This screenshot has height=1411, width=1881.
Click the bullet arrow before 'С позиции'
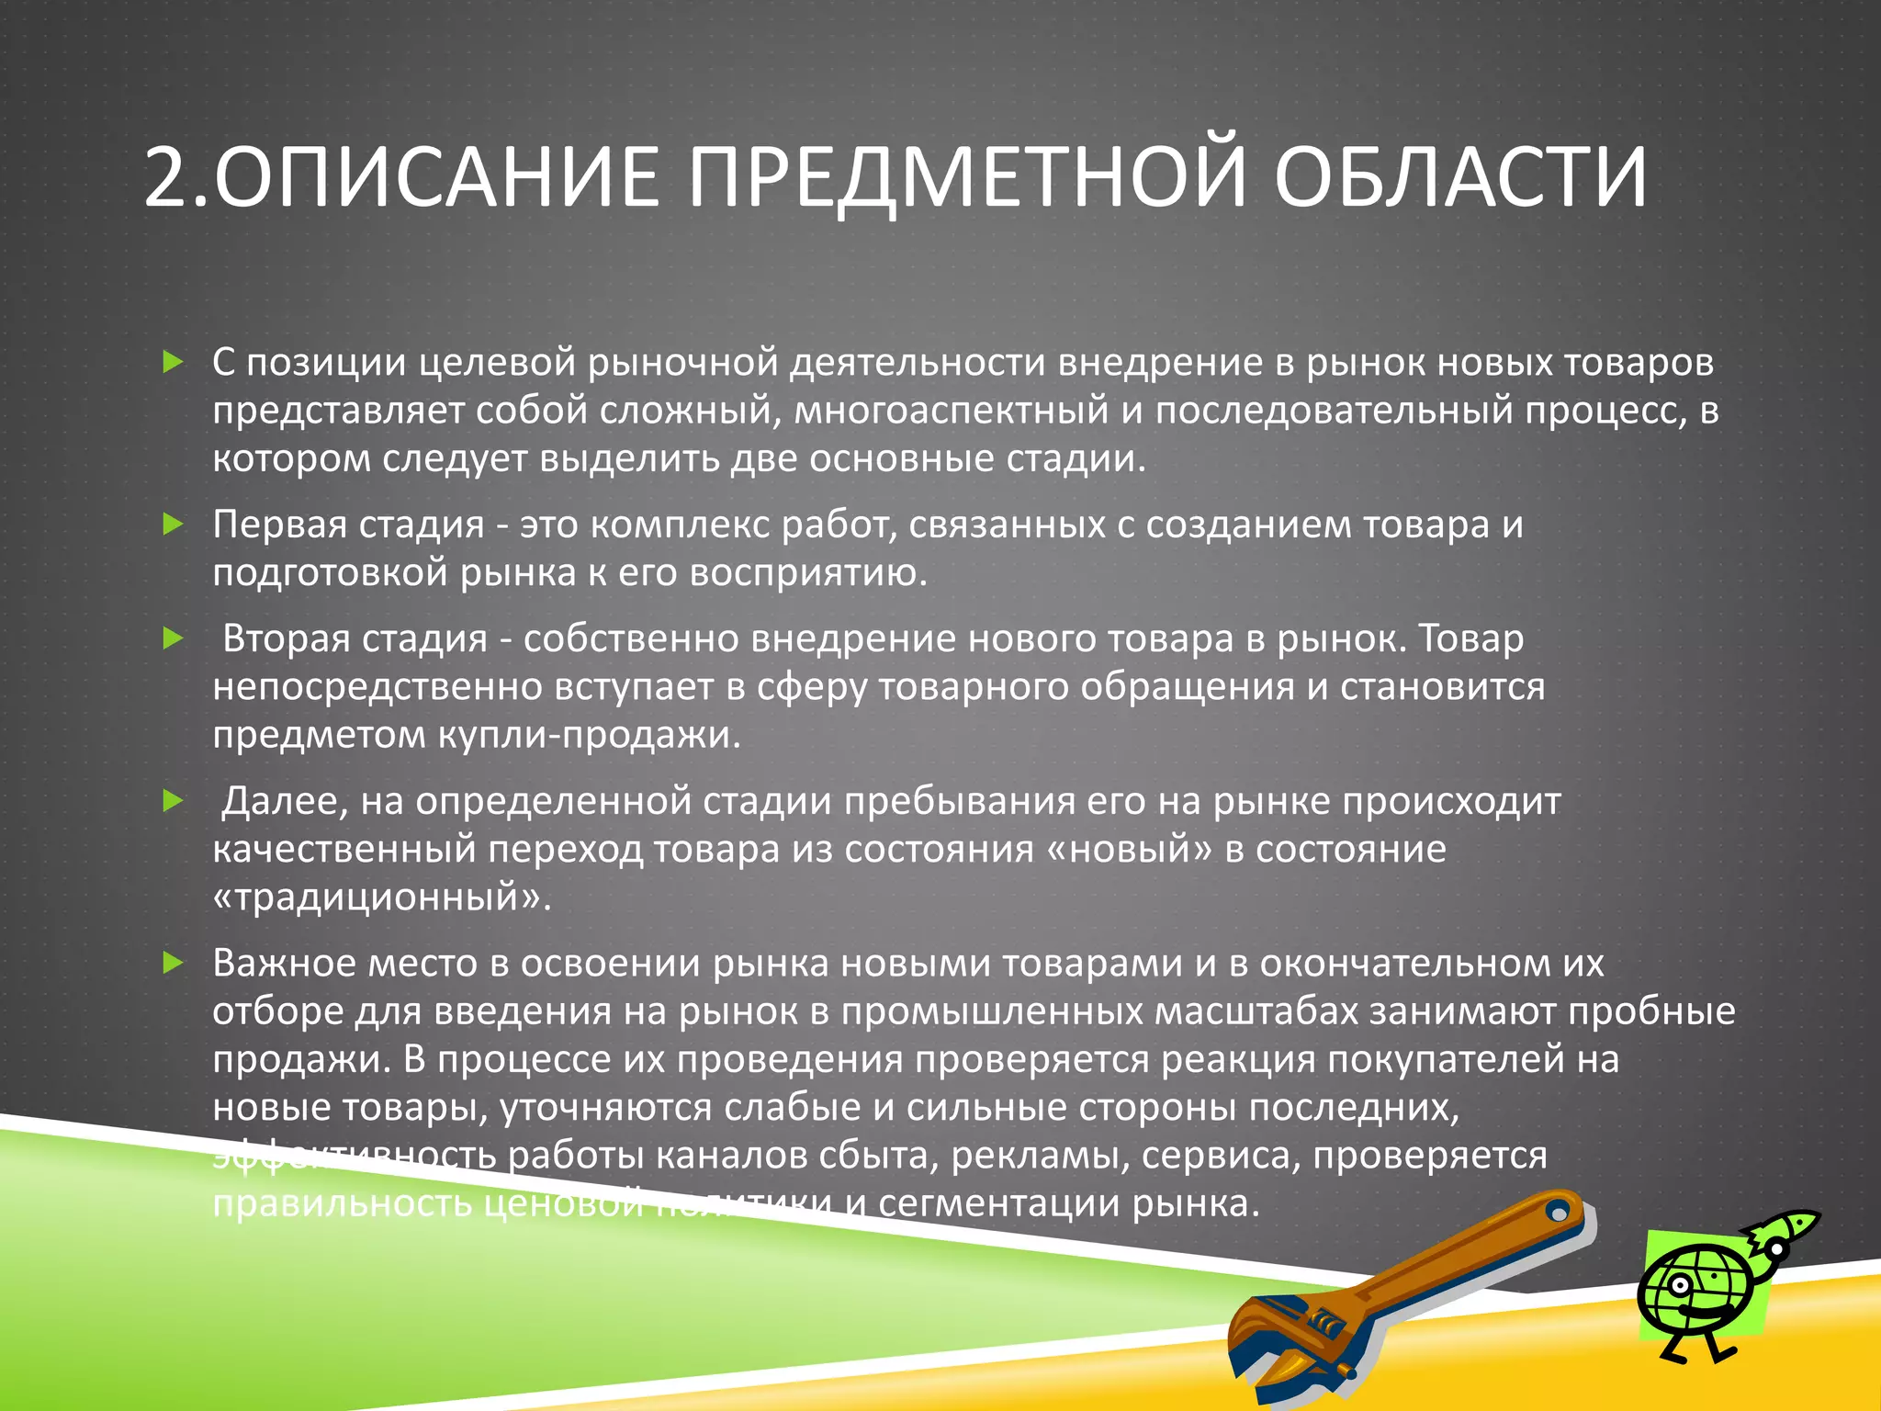173,362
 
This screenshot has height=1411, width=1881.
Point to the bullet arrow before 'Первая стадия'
173,525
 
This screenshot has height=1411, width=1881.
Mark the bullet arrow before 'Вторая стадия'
173,638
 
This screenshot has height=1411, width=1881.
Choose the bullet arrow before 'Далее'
173,801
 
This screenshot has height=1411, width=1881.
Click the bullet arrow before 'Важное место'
173,963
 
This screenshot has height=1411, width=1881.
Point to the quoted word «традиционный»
381,897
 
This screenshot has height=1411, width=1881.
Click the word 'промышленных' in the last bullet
991,1011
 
